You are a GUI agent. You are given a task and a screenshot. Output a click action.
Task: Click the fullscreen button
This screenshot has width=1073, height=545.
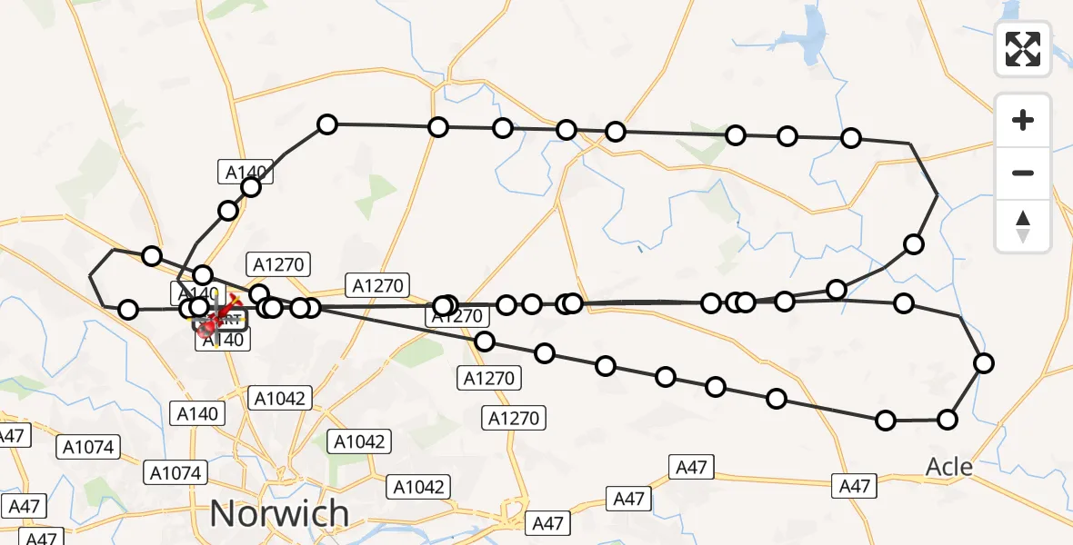pyautogui.click(x=1023, y=49)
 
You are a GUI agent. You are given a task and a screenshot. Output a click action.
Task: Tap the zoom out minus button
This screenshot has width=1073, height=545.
pyautogui.click(x=1023, y=173)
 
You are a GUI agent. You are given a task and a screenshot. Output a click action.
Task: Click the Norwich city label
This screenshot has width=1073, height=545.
pyautogui.click(x=279, y=513)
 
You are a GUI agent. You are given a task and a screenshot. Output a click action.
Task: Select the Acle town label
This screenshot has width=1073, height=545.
pyautogui.click(x=948, y=467)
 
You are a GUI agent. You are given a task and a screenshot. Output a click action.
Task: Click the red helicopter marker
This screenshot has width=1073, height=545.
pyautogui.click(x=207, y=325)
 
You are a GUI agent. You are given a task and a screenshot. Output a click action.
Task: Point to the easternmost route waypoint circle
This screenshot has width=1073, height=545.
pyautogui.click(x=984, y=363)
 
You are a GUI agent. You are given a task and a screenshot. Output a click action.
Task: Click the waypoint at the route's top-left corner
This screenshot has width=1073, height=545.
pyautogui.click(x=327, y=124)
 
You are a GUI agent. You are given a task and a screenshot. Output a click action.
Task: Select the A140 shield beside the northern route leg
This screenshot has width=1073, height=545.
pyautogui.click(x=244, y=170)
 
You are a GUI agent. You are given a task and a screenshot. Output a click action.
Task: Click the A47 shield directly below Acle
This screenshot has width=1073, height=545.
pyautogui.click(x=855, y=486)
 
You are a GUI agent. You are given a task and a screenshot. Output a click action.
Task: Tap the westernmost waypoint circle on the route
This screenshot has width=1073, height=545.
pyautogui.click(x=129, y=310)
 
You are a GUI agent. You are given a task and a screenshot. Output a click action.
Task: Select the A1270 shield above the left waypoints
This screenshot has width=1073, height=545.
pyautogui.click(x=282, y=264)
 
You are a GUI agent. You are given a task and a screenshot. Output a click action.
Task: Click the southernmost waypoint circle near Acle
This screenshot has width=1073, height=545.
pyautogui.click(x=948, y=419)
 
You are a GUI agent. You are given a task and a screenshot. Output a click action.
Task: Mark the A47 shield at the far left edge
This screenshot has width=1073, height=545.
pyautogui.click(x=11, y=436)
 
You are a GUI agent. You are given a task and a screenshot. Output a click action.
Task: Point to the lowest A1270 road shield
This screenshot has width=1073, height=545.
pyautogui.click(x=514, y=418)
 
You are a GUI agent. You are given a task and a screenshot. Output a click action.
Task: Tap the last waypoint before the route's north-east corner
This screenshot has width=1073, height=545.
pyautogui.click(x=851, y=138)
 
